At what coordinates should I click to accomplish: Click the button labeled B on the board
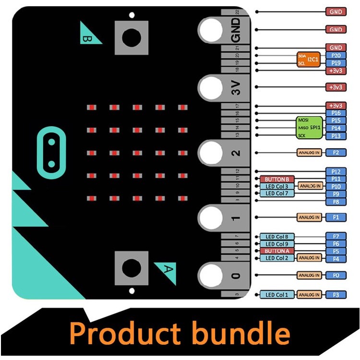click(131, 37)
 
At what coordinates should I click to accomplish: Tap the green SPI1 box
click(309, 128)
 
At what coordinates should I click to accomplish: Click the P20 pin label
click(336, 55)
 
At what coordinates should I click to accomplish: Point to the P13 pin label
click(336, 136)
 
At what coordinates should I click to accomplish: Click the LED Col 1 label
click(276, 294)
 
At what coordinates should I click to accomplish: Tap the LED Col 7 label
click(276, 193)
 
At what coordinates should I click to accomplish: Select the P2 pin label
click(336, 153)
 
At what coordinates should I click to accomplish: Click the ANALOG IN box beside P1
click(309, 217)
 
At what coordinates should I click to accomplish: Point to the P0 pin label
click(336, 276)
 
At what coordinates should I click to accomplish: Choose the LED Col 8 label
click(276, 237)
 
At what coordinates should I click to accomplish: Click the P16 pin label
click(336, 113)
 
